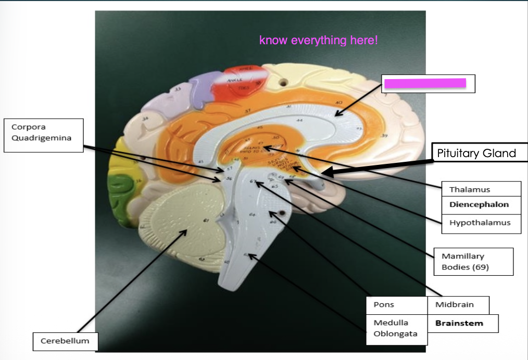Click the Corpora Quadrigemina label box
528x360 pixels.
tap(44, 135)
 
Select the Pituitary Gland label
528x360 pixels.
tap(476, 153)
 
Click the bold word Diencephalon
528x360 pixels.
tap(479, 205)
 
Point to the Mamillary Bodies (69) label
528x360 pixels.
tap(473, 262)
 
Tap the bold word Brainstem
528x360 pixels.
tap(459, 323)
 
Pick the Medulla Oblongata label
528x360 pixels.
tap(395, 328)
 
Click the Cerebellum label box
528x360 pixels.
tap(65, 341)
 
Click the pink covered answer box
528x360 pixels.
tap(424, 83)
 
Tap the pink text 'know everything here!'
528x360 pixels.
tap(318, 41)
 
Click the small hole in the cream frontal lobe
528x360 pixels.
tap(284, 82)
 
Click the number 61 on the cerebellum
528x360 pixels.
tap(206, 221)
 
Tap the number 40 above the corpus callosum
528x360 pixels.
tap(338, 103)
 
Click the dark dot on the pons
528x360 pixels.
tap(281, 213)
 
